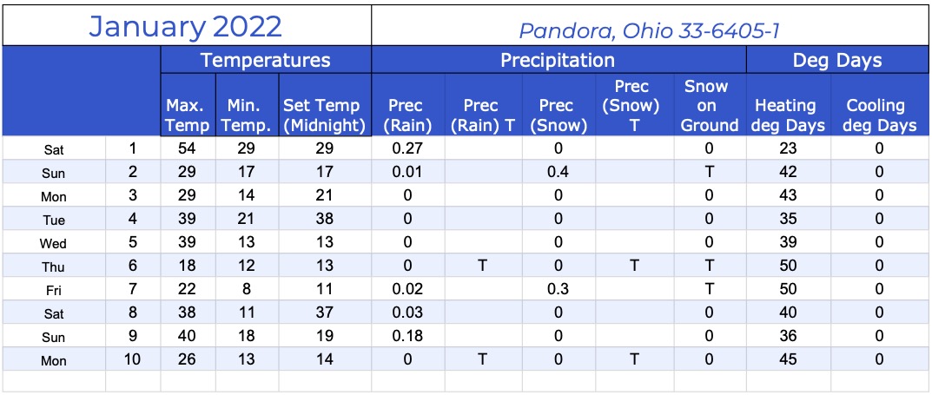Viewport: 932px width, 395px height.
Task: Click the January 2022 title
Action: pyautogui.click(x=186, y=26)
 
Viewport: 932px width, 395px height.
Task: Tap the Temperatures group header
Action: pyautogui.click(x=265, y=60)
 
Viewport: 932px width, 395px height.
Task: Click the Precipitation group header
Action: pyautogui.click(x=558, y=60)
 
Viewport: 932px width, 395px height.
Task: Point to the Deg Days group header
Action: pyautogui.click(x=837, y=60)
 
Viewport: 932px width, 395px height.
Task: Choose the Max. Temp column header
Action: pyautogui.click(x=188, y=115)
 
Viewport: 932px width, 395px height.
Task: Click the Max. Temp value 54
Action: pyautogui.click(x=188, y=148)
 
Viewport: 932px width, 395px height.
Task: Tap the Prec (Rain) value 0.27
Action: pyautogui.click(x=407, y=148)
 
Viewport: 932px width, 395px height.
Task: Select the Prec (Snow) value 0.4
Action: pyautogui.click(x=558, y=172)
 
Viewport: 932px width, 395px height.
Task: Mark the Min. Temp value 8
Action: pyautogui.click(x=247, y=289)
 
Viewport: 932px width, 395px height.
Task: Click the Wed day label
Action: pyautogui.click(x=53, y=243)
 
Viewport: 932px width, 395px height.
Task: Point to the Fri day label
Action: pyautogui.click(x=53, y=291)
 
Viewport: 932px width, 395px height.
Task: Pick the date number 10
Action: pyautogui.click(x=133, y=359)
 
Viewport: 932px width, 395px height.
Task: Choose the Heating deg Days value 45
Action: pyautogui.click(x=788, y=359)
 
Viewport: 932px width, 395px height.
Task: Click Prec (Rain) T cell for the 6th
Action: pyautogui.click(x=483, y=266)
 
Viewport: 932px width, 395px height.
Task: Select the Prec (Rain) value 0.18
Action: pyautogui.click(x=407, y=336)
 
